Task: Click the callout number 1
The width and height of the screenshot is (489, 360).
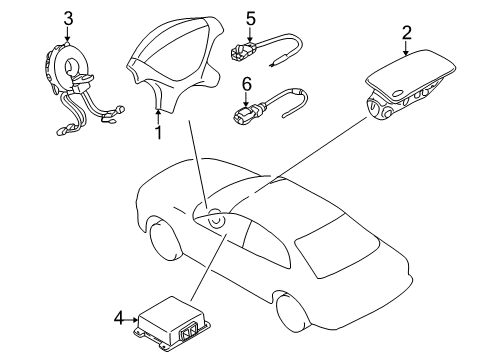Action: click(157, 131)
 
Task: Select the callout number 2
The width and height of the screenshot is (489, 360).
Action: click(406, 33)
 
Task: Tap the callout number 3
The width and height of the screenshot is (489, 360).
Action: click(68, 17)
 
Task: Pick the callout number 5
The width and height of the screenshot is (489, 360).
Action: click(252, 17)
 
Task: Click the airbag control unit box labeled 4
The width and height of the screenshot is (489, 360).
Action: click(170, 321)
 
